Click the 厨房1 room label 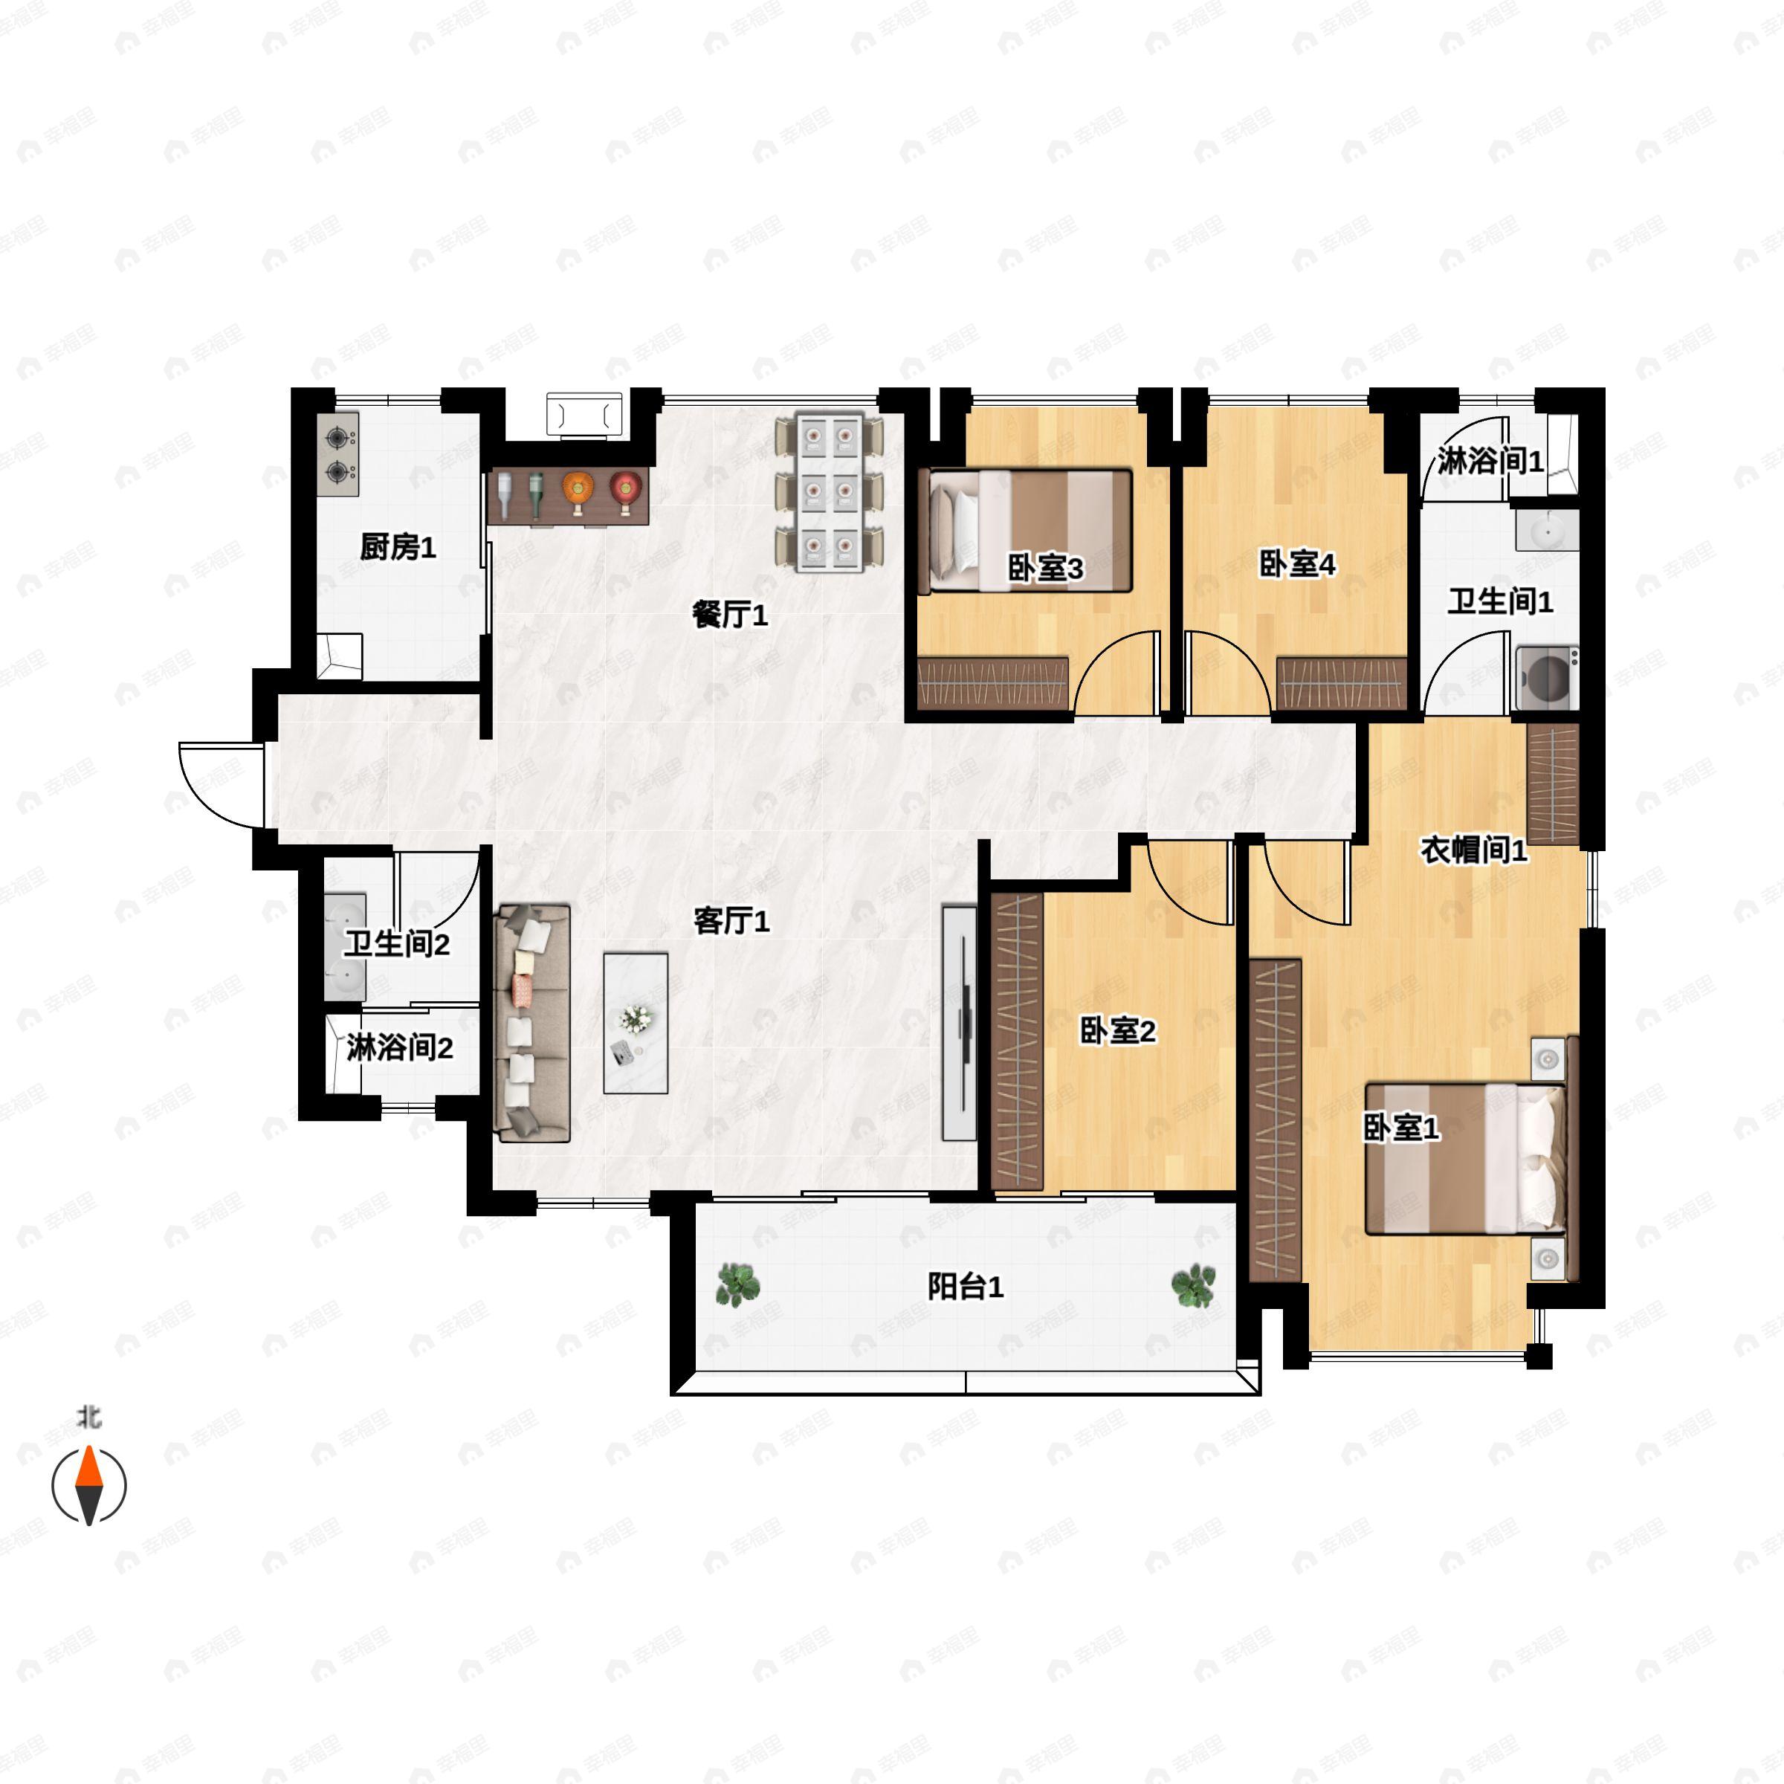[x=398, y=548]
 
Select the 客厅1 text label [x=731, y=921]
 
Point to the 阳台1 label [x=965, y=1286]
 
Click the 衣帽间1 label [x=1474, y=850]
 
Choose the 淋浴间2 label [x=400, y=1048]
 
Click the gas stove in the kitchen [x=338, y=455]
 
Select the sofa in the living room [x=533, y=1023]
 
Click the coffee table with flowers [x=636, y=1023]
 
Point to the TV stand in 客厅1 [x=960, y=1023]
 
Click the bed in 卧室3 [x=1030, y=531]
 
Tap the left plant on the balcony [x=738, y=1284]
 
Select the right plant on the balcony [x=1193, y=1285]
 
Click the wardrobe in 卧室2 [x=1017, y=1041]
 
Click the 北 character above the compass [x=88, y=1418]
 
